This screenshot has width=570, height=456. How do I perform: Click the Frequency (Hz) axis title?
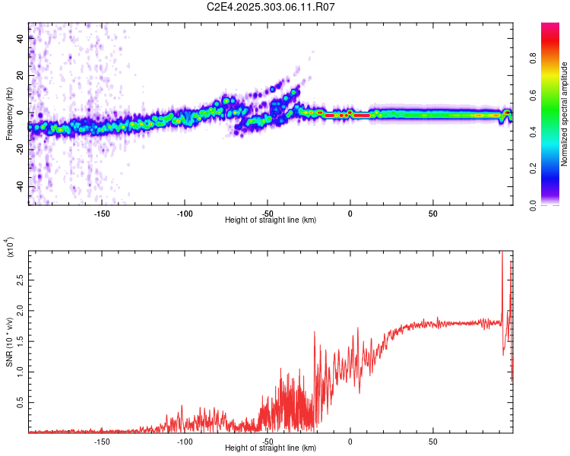point(9,114)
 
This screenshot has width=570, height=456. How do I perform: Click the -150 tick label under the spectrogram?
point(102,213)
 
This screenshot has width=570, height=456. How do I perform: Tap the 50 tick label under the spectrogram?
point(432,213)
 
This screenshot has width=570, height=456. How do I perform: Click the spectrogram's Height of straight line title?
point(271,220)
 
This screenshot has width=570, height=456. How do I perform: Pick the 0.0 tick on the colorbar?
point(553,204)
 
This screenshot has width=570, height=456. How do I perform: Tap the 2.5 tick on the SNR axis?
point(21,281)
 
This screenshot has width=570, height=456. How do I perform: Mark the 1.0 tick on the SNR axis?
point(21,372)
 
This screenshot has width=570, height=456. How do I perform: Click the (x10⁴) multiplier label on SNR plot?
point(9,248)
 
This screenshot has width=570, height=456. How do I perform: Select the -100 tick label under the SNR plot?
point(185,442)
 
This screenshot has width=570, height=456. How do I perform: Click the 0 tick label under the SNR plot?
point(350,442)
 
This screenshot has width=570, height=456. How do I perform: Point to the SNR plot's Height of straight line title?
point(271,449)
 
